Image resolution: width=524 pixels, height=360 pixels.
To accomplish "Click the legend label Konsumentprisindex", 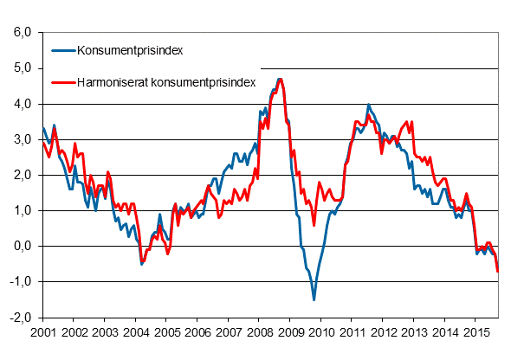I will [x=130, y=50].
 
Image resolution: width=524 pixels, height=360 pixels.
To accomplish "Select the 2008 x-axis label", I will [x=260, y=332].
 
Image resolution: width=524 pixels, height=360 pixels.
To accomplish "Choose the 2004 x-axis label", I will [x=136, y=332].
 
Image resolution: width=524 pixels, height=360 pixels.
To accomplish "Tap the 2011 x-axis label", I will [x=353, y=332].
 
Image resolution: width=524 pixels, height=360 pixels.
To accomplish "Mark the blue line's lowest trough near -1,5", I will [x=314, y=299].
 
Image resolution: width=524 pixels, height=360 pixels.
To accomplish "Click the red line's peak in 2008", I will [x=280, y=79].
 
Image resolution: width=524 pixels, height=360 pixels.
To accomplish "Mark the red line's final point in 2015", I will [x=497, y=272].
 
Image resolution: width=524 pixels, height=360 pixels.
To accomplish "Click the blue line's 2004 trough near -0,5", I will [x=142, y=264].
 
